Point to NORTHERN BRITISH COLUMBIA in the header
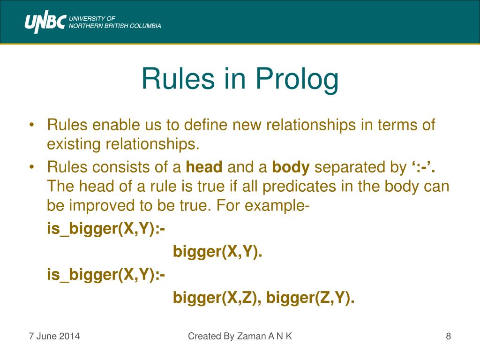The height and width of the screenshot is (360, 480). (115, 26)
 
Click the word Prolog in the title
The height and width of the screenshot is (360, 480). (297, 79)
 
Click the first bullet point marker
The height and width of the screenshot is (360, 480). (31, 126)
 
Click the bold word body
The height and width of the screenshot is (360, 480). (291, 167)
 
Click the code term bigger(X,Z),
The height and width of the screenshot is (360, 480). (217, 297)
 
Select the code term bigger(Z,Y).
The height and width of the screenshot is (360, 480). (310, 297)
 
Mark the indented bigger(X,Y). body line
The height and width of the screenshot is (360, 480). (217, 252)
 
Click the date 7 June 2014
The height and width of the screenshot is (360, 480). (54, 336)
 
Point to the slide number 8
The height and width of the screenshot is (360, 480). (448, 336)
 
